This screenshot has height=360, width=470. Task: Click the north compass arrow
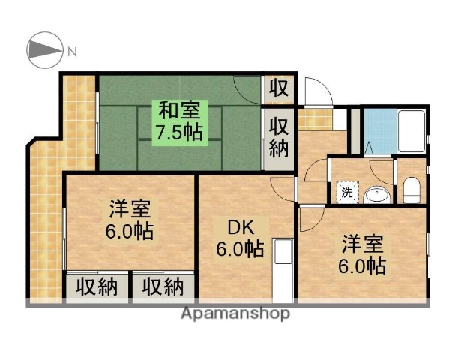pyautogui.click(x=43, y=51)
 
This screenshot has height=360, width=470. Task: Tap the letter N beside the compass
pyautogui.click(x=72, y=52)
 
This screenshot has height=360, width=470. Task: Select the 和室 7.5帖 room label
pyautogui.click(x=179, y=121)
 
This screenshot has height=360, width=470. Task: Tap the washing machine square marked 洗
pyautogui.click(x=347, y=191)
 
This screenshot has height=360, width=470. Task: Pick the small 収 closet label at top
pyautogui.click(x=279, y=89)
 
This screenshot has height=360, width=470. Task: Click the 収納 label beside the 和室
pyautogui.click(x=279, y=136)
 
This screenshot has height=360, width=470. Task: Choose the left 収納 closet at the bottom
pyautogui.click(x=97, y=286)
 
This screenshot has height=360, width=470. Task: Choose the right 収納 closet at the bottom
pyautogui.click(x=163, y=286)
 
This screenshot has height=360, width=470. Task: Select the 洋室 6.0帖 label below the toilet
pyautogui.click(x=364, y=255)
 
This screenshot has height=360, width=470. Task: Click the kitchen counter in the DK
pyautogui.click(x=283, y=266)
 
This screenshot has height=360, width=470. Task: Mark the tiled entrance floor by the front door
pyautogui.click(x=317, y=119)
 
